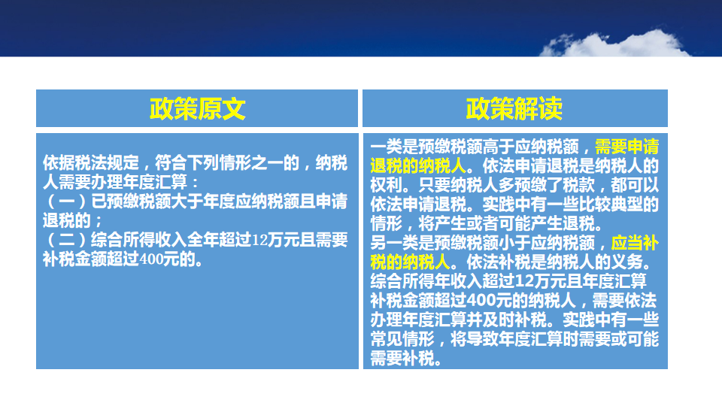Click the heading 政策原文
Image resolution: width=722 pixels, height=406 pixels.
point(197,109)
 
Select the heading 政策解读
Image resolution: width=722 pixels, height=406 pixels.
point(514,109)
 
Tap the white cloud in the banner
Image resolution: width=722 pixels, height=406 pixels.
point(616,44)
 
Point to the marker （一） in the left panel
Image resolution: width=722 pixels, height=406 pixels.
point(67,201)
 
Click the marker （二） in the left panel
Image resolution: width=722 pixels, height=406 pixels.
point(67,241)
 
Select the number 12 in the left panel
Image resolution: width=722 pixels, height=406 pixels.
point(260,241)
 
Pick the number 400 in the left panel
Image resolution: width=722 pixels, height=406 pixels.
point(151,259)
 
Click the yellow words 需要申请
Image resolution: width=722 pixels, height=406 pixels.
point(626,147)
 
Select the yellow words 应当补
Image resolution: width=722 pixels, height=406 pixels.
point(635,243)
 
